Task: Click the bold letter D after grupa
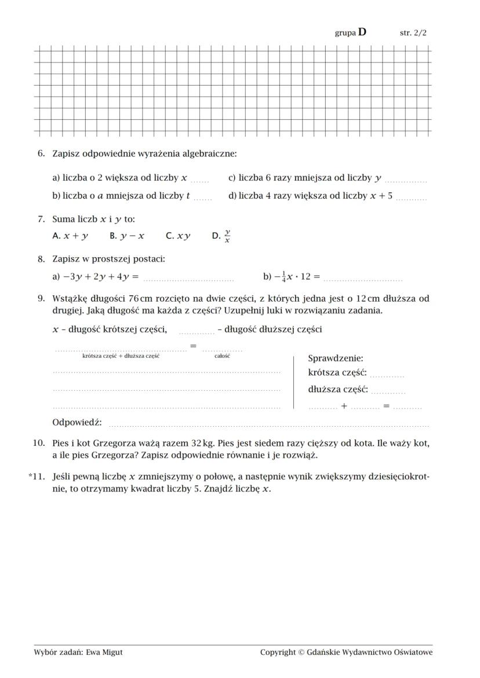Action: (x=362, y=32)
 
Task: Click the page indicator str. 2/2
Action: (x=413, y=33)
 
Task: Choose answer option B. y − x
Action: (x=126, y=236)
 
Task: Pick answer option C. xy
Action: (x=178, y=236)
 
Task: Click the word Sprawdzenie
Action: (x=335, y=358)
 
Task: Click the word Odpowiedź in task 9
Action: (x=77, y=423)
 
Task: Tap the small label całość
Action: (x=222, y=356)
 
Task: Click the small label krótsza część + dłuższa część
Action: (x=121, y=356)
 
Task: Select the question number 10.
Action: (x=39, y=444)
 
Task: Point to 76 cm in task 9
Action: (x=140, y=299)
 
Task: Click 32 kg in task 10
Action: (x=202, y=444)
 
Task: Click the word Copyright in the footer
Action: (x=278, y=652)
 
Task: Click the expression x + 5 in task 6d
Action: (x=381, y=196)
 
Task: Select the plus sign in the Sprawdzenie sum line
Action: (x=344, y=406)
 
